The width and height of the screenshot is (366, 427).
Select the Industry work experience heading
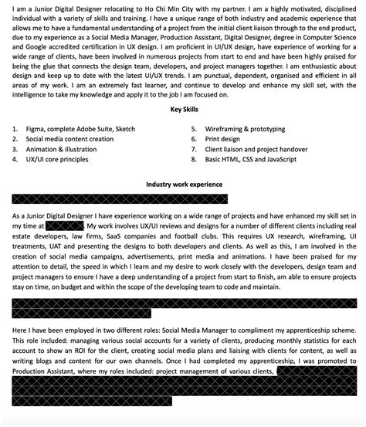pyautogui.click(x=184, y=185)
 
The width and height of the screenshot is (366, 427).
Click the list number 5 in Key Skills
pyautogui.click(x=194, y=128)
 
